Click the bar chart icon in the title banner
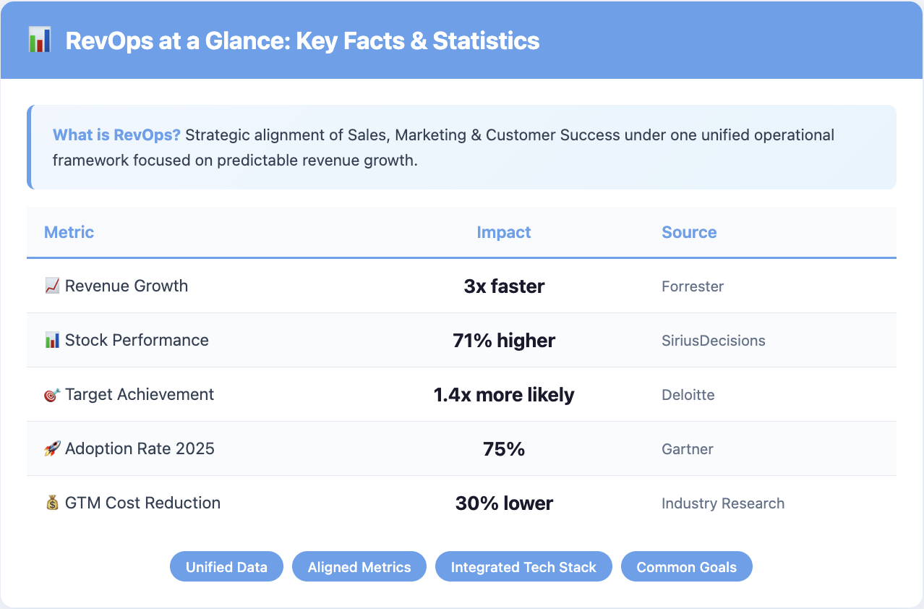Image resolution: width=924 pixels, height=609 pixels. [40, 41]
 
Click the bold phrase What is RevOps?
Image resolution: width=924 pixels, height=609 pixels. [116, 135]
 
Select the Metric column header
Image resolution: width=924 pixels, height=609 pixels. [69, 232]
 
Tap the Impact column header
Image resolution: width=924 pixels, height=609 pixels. [504, 232]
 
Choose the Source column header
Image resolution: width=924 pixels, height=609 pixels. [689, 232]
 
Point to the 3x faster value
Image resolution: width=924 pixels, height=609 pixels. [504, 286]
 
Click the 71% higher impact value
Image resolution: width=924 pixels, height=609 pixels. [504, 341]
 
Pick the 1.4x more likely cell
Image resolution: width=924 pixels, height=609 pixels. [504, 395]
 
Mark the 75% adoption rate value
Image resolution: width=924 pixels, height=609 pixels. [504, 449]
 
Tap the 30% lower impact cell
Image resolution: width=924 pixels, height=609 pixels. [504, 503]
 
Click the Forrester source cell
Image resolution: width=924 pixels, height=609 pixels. [693, 286]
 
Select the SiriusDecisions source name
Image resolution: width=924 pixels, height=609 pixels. [713, 341]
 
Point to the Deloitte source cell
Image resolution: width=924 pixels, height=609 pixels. [688, 395]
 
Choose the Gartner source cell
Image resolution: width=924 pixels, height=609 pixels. [688, 449]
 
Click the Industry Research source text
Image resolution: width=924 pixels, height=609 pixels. [723, 503]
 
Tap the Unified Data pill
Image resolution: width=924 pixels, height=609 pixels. [226, 567]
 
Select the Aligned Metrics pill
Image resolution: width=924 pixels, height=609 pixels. [359, 567]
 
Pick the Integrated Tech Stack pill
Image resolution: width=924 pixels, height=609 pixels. [523, 567]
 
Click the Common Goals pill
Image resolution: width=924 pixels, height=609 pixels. [686, 567]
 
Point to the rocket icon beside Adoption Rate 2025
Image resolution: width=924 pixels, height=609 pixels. [52, 449]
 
